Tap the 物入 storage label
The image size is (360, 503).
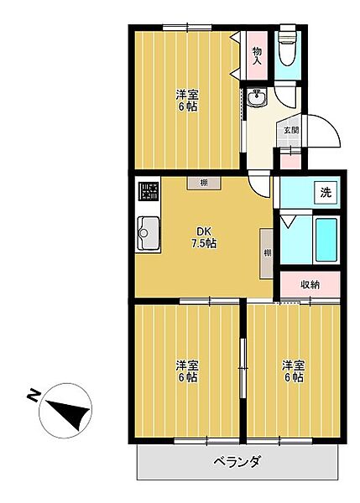tap(258, 55)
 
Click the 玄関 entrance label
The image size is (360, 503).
tap(290, 130)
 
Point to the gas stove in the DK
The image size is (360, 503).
tap(149, 192)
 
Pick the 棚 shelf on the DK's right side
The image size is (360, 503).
tap(267, 252)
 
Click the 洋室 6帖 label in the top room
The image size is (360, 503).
tap(186, 100)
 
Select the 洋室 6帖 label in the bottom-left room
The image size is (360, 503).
tap(186, 371)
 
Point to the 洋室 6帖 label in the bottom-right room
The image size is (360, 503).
tap(292, 371)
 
